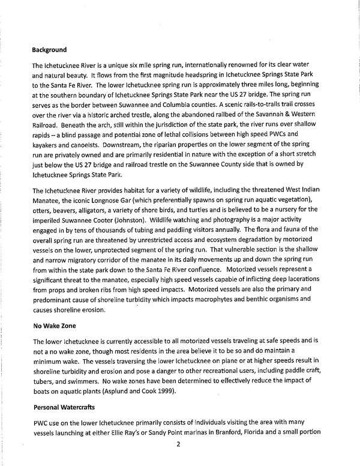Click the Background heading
tap(50, 49)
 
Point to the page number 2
tap(178, 444)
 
